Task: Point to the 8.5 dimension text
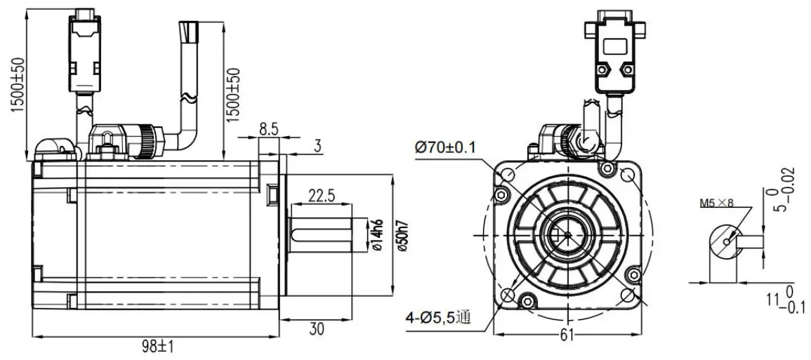pos(268,128)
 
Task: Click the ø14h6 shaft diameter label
pos(377,234)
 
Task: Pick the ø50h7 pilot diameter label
pos(402,234)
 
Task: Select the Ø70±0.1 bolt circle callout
pos(445,147)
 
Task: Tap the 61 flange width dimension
pos(567,335)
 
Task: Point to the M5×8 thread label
pos(714,205)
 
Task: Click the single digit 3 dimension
pos(317,147)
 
